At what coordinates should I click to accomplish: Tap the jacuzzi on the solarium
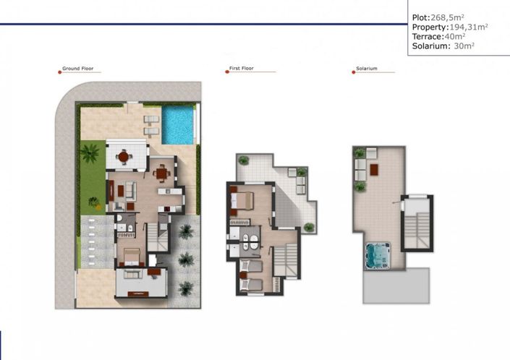point(377,254)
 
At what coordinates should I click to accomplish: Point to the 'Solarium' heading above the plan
point(366,69)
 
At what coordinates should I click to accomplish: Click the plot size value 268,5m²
point(449,17)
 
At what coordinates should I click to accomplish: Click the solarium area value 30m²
point(464,46)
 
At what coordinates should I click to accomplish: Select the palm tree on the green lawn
point(90,153)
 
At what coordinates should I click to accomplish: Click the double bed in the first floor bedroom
point(242,200)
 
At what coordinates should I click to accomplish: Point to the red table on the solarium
point(375,169)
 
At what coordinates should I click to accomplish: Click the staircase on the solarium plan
point(417,220)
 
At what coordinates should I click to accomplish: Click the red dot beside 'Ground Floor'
point(58,72)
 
